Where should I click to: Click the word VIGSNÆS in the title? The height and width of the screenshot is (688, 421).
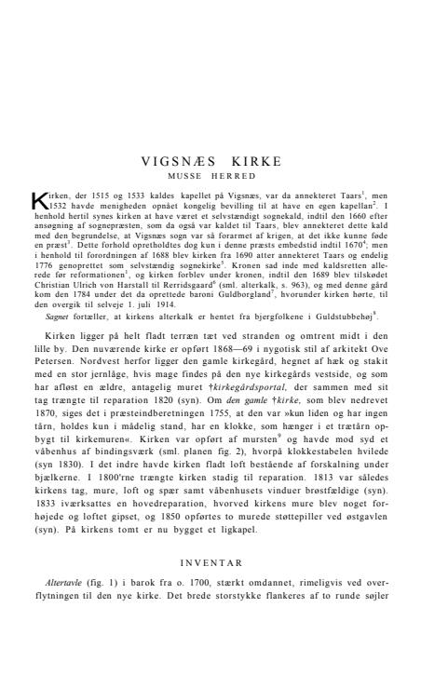pyautogui.click(x=178, y=160)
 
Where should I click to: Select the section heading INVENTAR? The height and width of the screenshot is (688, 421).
pyautogui.click(x=210, y=561)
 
